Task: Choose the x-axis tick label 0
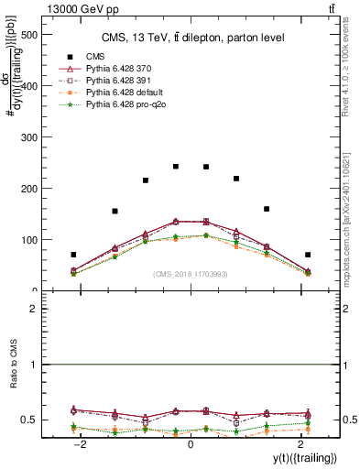[191, 443]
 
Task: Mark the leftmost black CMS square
[73, 255]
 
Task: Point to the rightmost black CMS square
[308, 255]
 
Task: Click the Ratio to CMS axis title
[12, 365]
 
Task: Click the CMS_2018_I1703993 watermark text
[191, 274]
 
